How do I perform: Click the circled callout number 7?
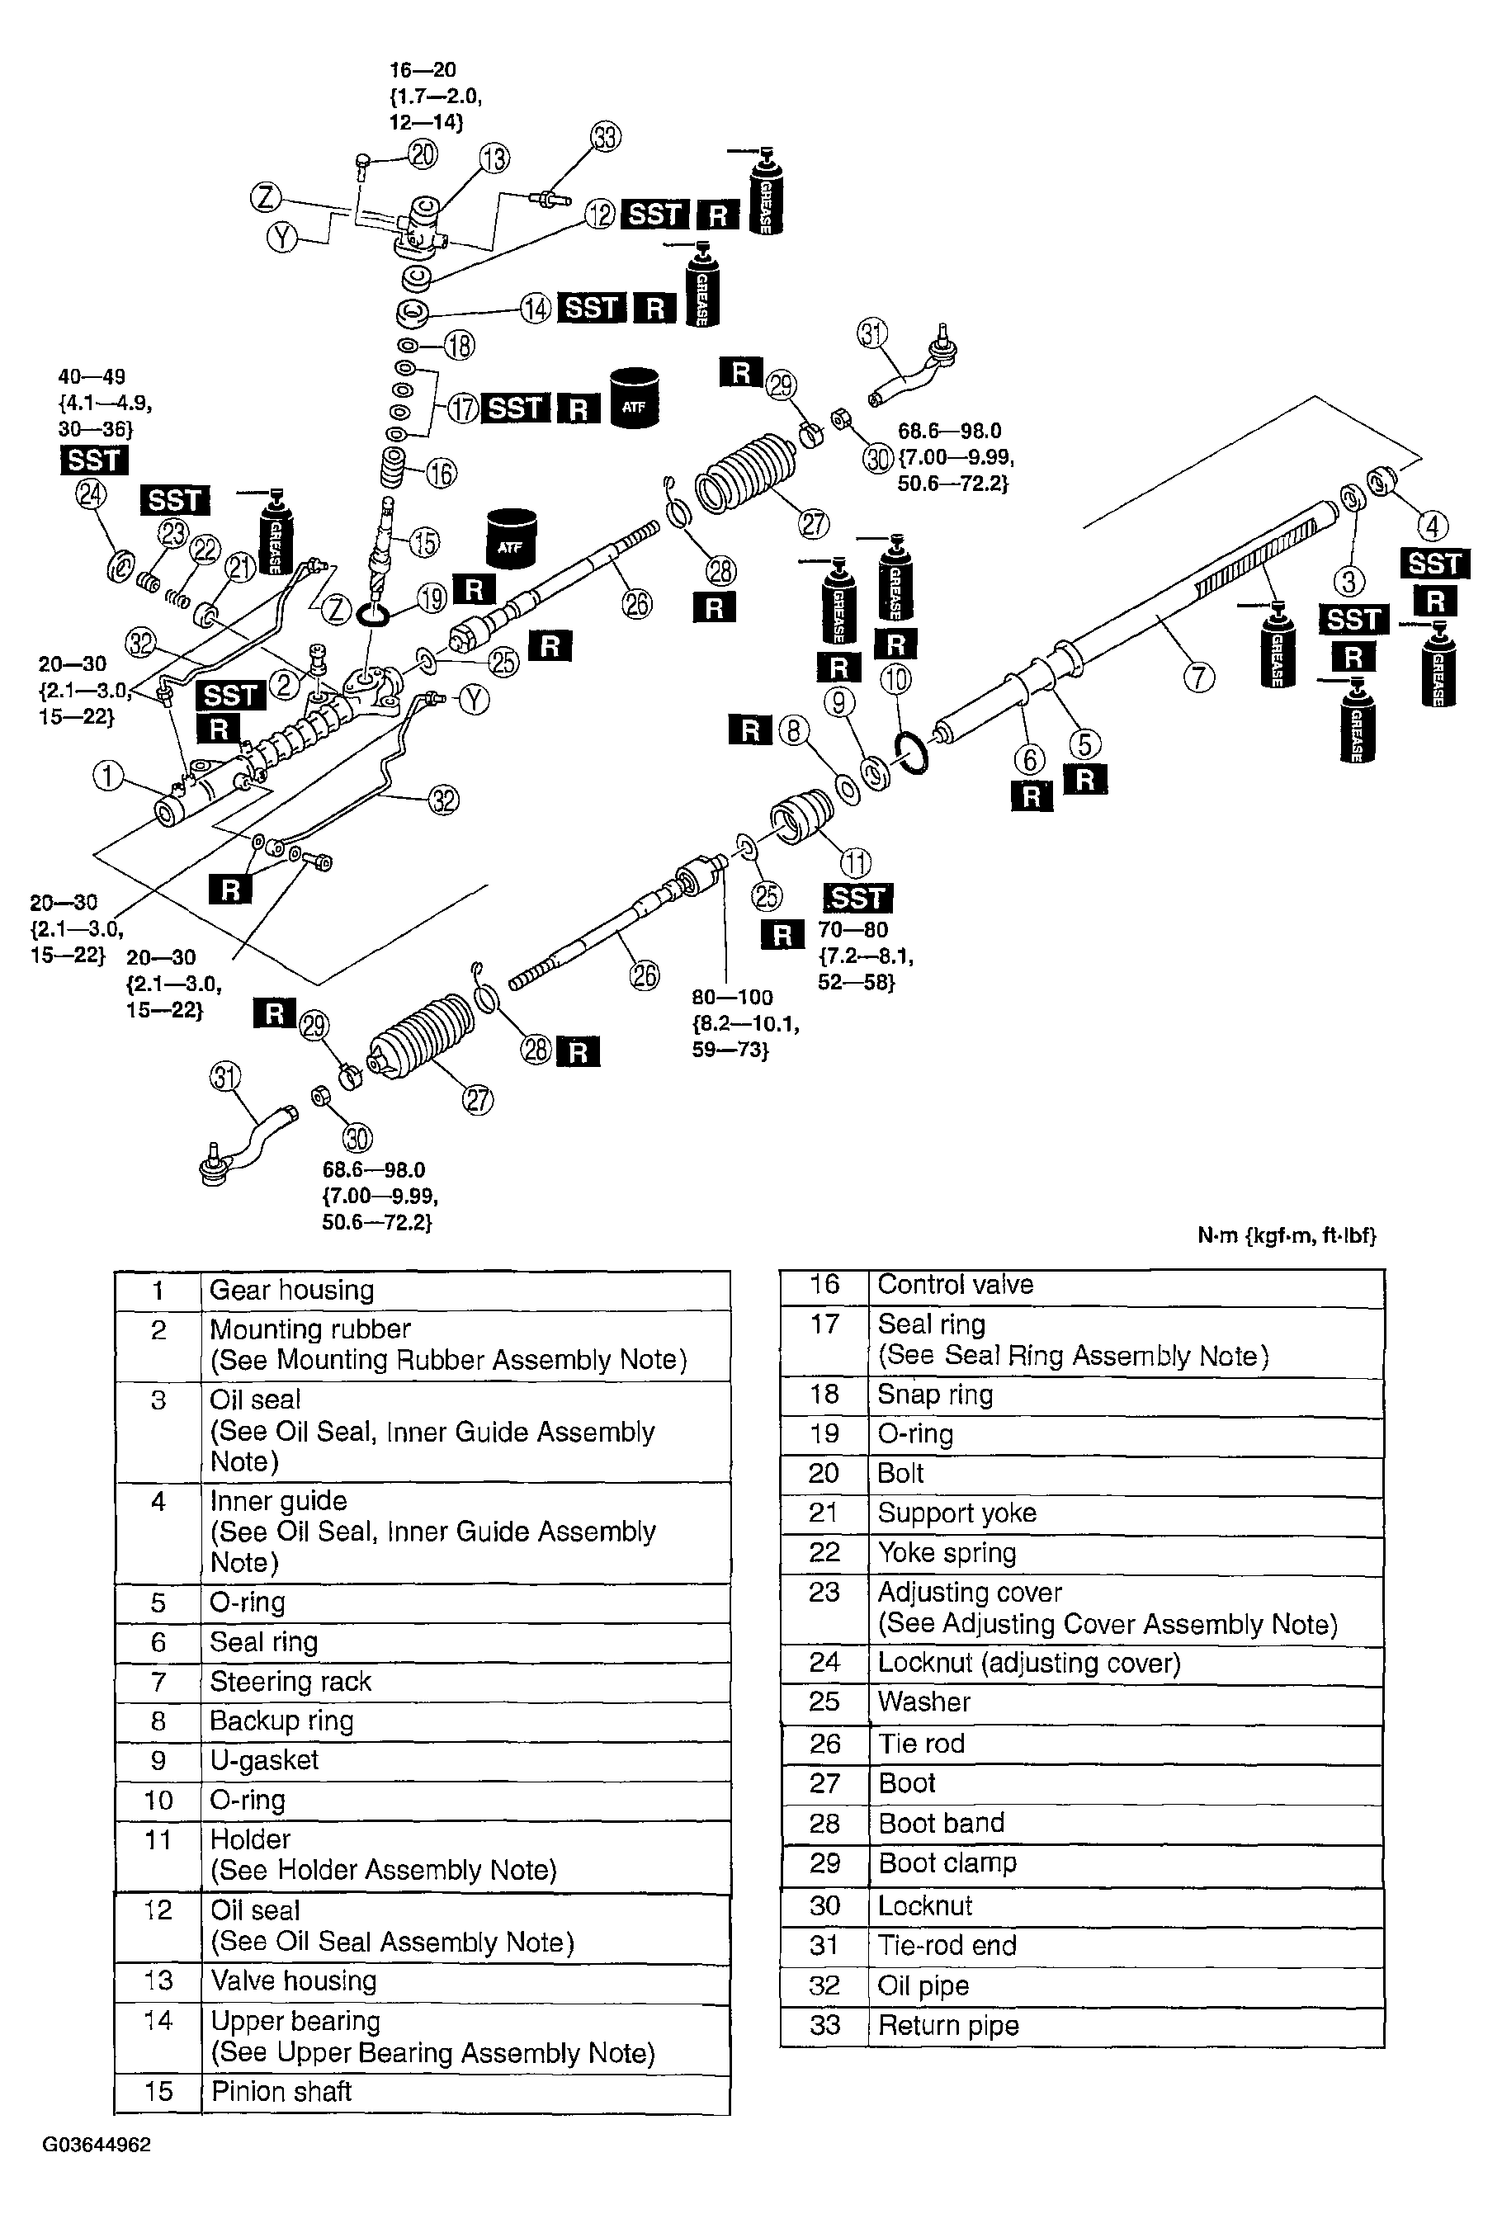[1198, 677]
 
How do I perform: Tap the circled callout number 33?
[605, 136]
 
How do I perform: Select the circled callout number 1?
[107, 776]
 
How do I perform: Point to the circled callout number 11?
[855, 862]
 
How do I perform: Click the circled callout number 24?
[91, 494]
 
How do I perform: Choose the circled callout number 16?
[441, 474]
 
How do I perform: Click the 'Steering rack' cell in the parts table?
[290, 1682]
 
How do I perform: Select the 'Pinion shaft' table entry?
[281, 2091]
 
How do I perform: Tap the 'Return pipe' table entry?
[948, 2025]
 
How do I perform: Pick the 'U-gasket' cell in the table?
[264, 1759]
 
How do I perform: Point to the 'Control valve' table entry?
[955, 1284]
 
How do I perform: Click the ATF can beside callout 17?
[634, 399]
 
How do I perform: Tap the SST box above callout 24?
[93, 460]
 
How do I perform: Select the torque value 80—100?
[732, 998]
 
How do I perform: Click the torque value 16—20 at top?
[423, 69]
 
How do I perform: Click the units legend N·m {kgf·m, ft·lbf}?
[1286, 1235]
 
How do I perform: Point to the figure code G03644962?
[97, 2145]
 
